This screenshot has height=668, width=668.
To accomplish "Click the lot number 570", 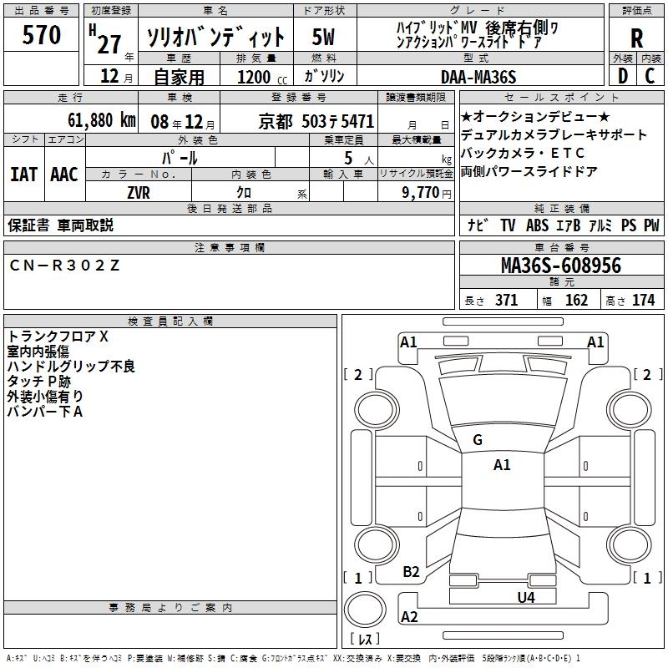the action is tap(42, 36).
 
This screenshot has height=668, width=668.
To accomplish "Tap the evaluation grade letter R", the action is tap(636, 38).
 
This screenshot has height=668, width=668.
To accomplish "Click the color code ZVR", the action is tap(139, 192).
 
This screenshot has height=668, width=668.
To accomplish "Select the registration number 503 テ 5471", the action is tap(338, 121).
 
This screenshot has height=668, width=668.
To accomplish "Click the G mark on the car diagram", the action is tap(478, 440).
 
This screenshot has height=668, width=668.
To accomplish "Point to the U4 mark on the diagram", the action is tap(525, 597).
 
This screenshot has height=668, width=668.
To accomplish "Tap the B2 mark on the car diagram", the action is tap(411, 572).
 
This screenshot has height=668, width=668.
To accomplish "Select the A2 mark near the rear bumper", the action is tap(409, 617).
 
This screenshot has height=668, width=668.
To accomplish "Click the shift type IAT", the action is tap(23, 175).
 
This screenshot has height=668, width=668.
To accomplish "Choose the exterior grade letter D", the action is tap(622, 76).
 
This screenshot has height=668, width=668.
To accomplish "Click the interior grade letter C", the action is tap(650, 76).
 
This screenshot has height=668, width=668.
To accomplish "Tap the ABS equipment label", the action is tap(536, 225).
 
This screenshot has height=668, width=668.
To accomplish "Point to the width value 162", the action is tap(576, 301).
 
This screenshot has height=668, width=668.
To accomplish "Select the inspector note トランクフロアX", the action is tap(58, 337).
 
